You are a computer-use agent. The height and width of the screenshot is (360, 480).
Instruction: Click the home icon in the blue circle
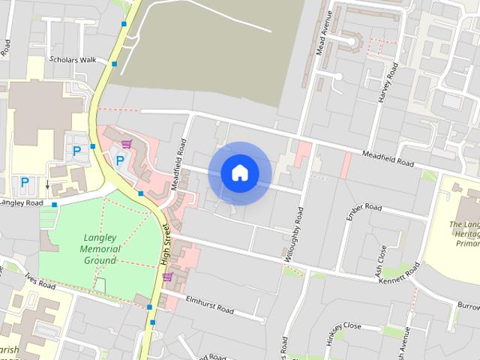click(x=240, y=173)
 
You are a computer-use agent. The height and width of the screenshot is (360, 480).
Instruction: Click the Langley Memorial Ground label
click(x=100, y=249)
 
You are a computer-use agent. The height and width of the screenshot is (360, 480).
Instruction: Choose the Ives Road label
click(x=39, y=281)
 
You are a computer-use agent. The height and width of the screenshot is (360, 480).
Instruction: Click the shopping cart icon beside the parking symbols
click(x=127, y=143)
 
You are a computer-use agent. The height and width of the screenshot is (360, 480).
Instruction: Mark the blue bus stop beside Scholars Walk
click(x=114, y=65)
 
